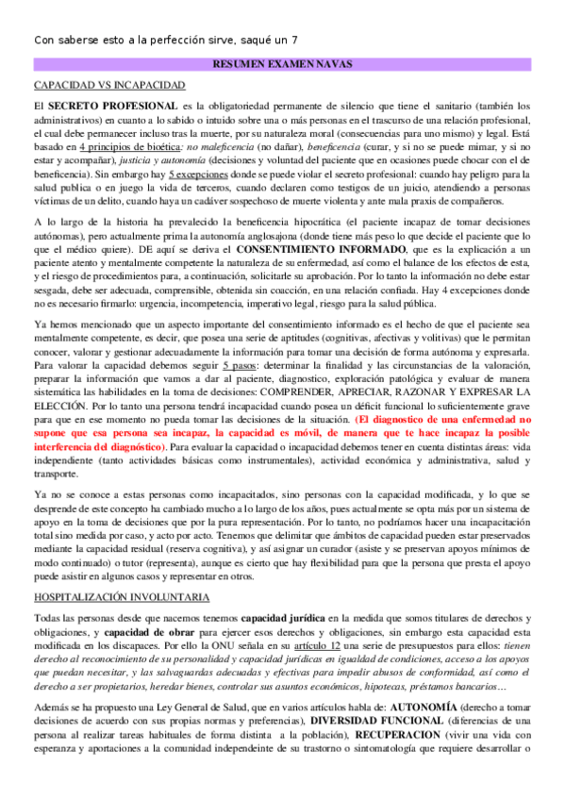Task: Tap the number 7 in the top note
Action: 295,40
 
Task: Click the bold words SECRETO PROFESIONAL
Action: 112,104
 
